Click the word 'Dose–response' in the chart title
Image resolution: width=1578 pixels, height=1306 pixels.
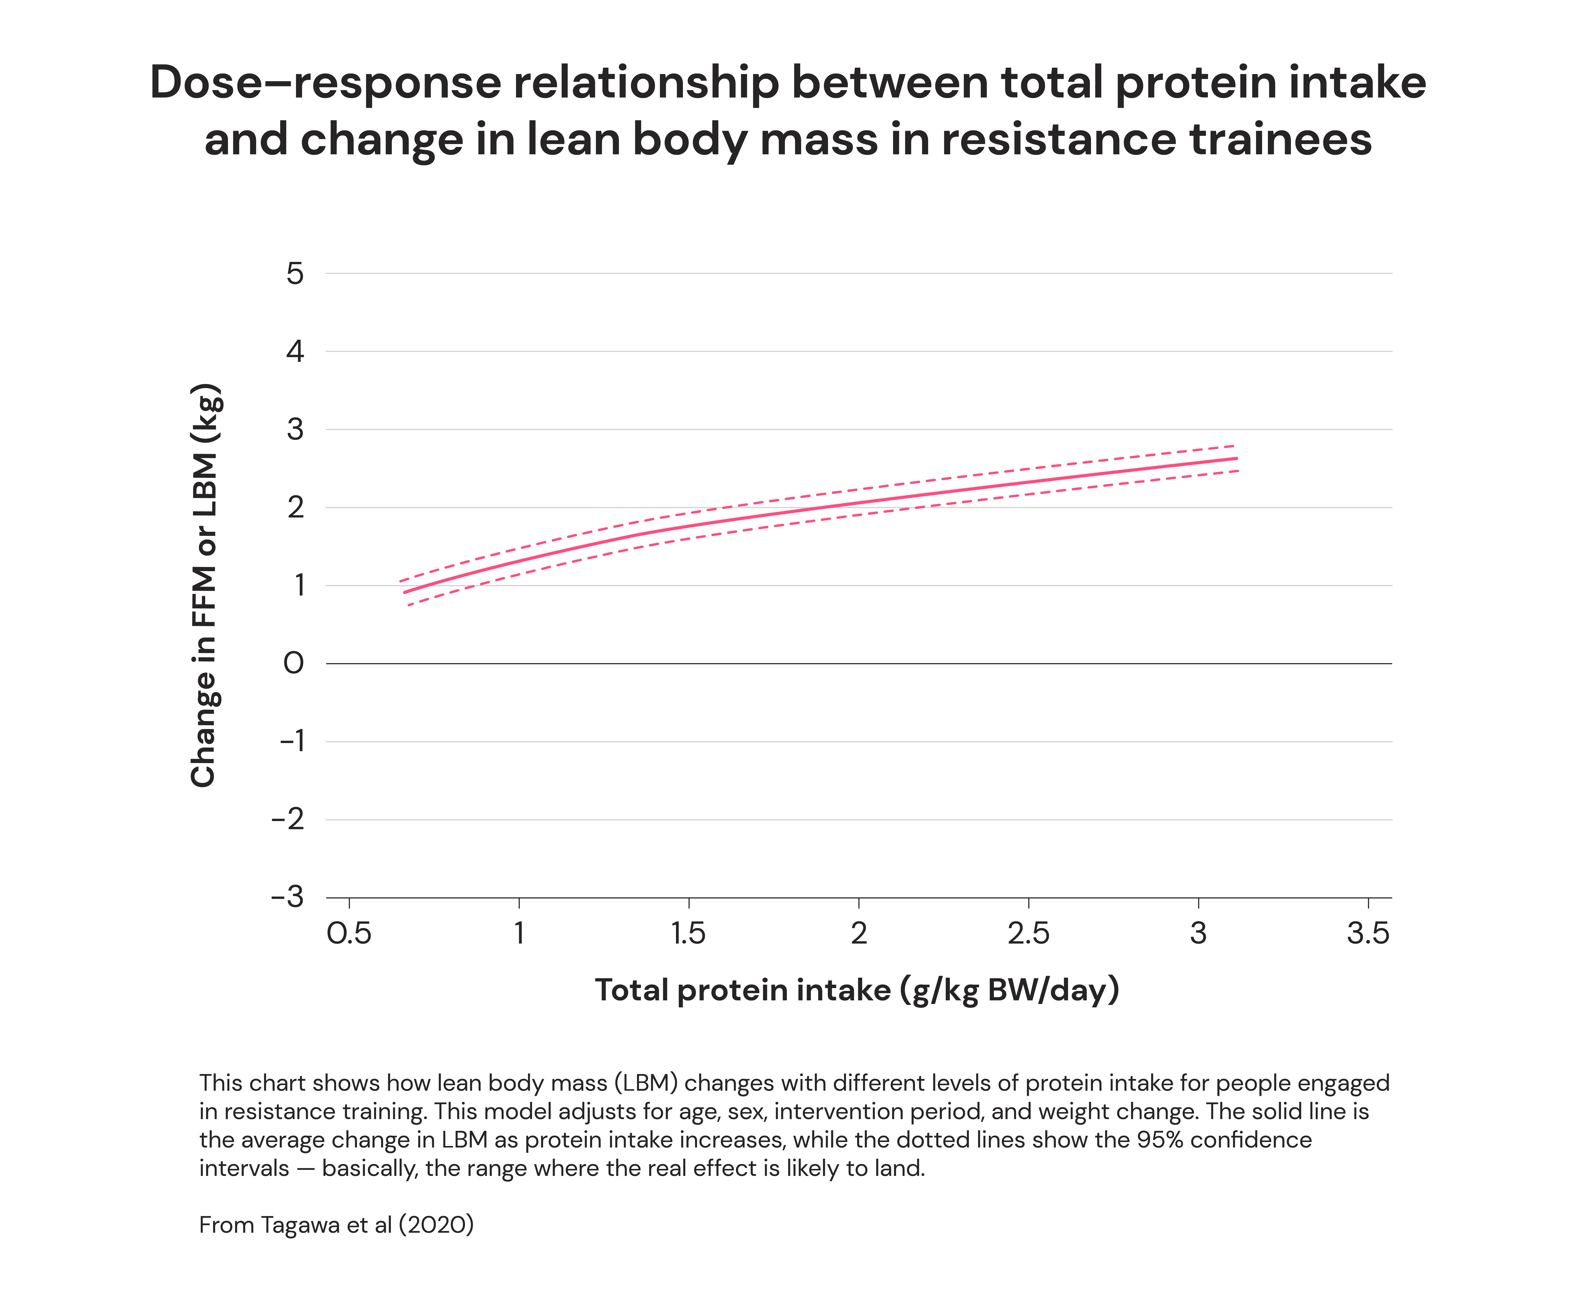(325, 83)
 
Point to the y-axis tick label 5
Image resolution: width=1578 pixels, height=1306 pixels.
(295, 273)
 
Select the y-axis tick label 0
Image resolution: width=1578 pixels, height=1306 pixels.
(294, 664)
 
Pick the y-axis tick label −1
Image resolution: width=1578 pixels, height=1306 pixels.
(292, 742)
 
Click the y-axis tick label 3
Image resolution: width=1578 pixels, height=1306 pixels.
(295, 430)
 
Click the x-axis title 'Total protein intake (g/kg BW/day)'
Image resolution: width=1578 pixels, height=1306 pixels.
(857, 990)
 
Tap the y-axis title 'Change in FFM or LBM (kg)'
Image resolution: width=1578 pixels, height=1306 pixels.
(204, 585)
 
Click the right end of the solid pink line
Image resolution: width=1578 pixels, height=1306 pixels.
(1236, 458)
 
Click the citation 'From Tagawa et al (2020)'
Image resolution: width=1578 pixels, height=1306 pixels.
(336, 1225)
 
